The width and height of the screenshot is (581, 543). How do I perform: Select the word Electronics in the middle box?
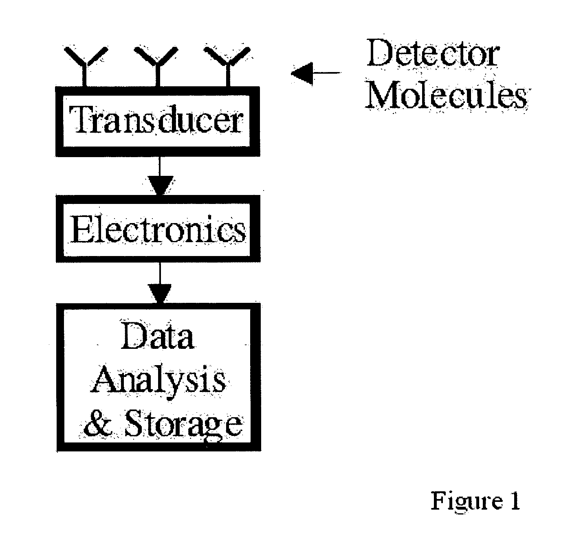point(158,229)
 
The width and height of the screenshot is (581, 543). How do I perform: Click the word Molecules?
point(446,94)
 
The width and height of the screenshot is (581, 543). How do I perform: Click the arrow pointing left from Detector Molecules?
point(316,73)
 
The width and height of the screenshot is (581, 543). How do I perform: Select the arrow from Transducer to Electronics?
point(160,175)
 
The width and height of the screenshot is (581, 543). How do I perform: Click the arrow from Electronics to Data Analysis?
point(160,282)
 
